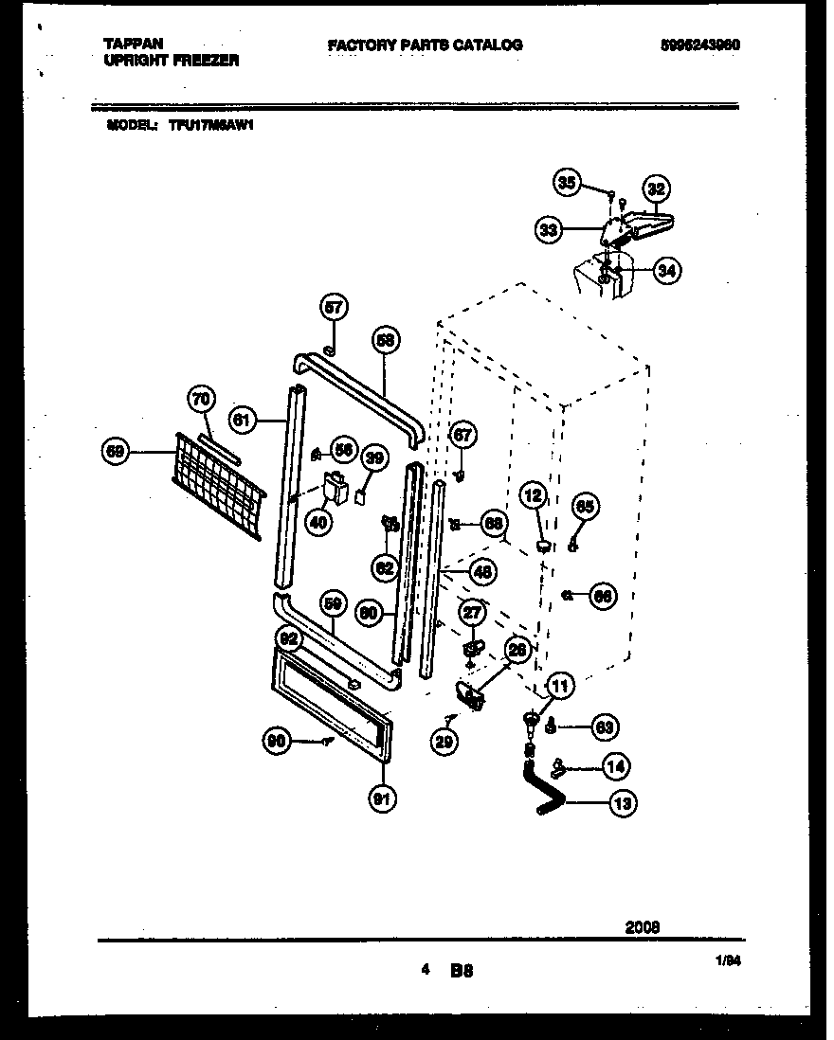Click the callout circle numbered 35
point(567,184)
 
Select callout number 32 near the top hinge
point(656,188)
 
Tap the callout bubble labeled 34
point(667,271)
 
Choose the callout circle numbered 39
point(374,459)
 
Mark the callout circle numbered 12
point(534,494)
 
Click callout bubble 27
point(472,613)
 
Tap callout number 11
point(559,685)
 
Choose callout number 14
point(615,766)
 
